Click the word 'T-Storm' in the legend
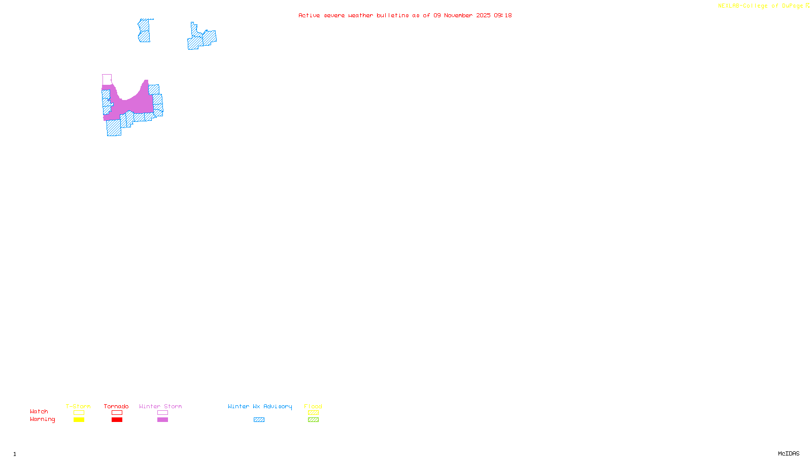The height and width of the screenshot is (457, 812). pyautogui.click(x=78, y=406)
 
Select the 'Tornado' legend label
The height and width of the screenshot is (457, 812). pyautogui.click(x=116, y=406)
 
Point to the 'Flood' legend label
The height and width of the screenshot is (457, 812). pyautogui.click(x=313, y=406)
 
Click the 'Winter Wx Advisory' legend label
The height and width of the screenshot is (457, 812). pyautogui.click(x=260, y=406)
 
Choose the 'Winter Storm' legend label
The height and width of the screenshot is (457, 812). pyautogui.click(x=160, y=406)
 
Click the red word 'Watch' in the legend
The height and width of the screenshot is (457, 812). pyautogui.click(x=39, y=411)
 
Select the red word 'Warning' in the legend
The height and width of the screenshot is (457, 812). pyautogui.click(x=43, y=419)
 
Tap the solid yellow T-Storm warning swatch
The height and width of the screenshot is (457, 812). pyautogui.click(x=79, y=420)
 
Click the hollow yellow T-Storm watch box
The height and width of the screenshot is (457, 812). pyautogui.click(x=79, y=413)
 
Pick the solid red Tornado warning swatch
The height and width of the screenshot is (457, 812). pyautogui.click(x=117, y=420)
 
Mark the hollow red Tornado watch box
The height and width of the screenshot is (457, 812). pyautogui.click(x=117, y=413)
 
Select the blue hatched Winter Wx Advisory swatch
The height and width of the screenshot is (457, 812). pyautogui.click(x=259, y=420)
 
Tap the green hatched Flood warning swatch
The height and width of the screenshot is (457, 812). pyautogui.click(x=313, y=420)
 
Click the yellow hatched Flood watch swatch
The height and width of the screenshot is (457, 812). pyautogui.click(x=313, y=413)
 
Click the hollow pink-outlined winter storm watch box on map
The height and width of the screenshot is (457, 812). pyautogui.click(x=107, y=80)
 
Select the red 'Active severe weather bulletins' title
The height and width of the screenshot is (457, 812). pyautogui.click(x=405, y=15)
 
